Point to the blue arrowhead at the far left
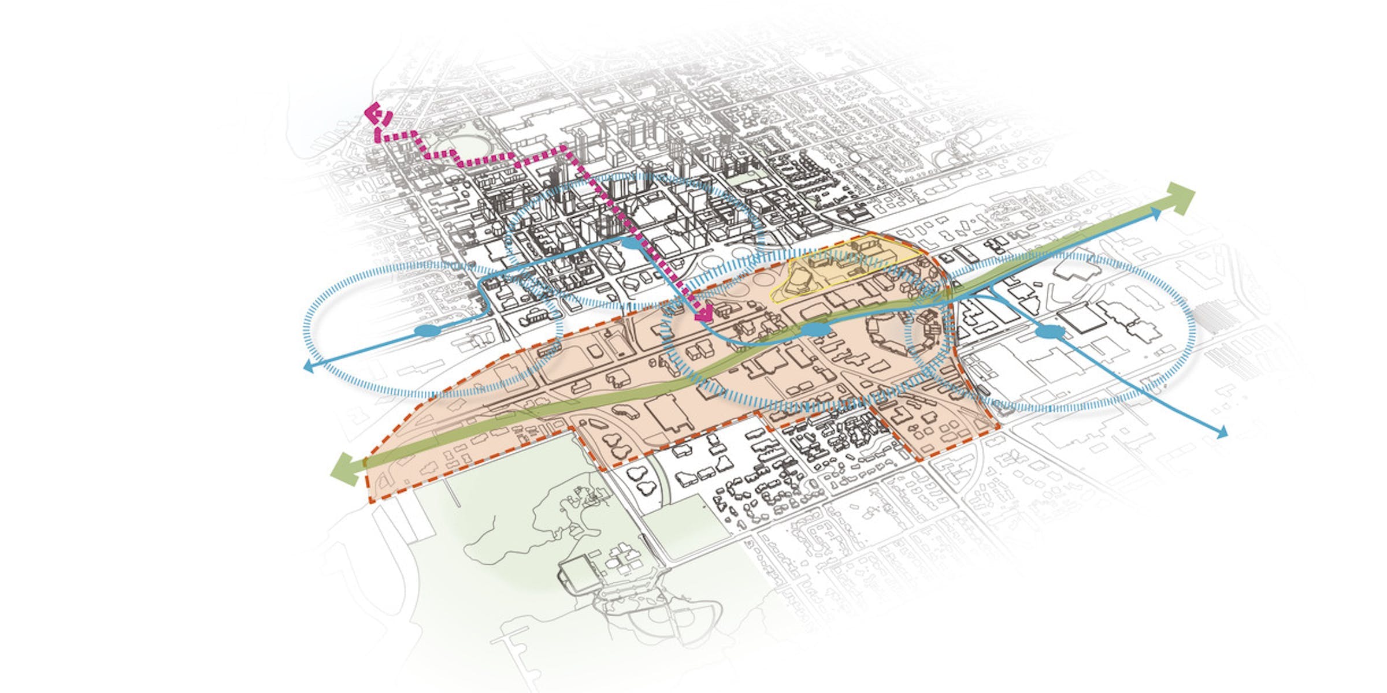point(309,366)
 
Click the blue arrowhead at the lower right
point(1221,433)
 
